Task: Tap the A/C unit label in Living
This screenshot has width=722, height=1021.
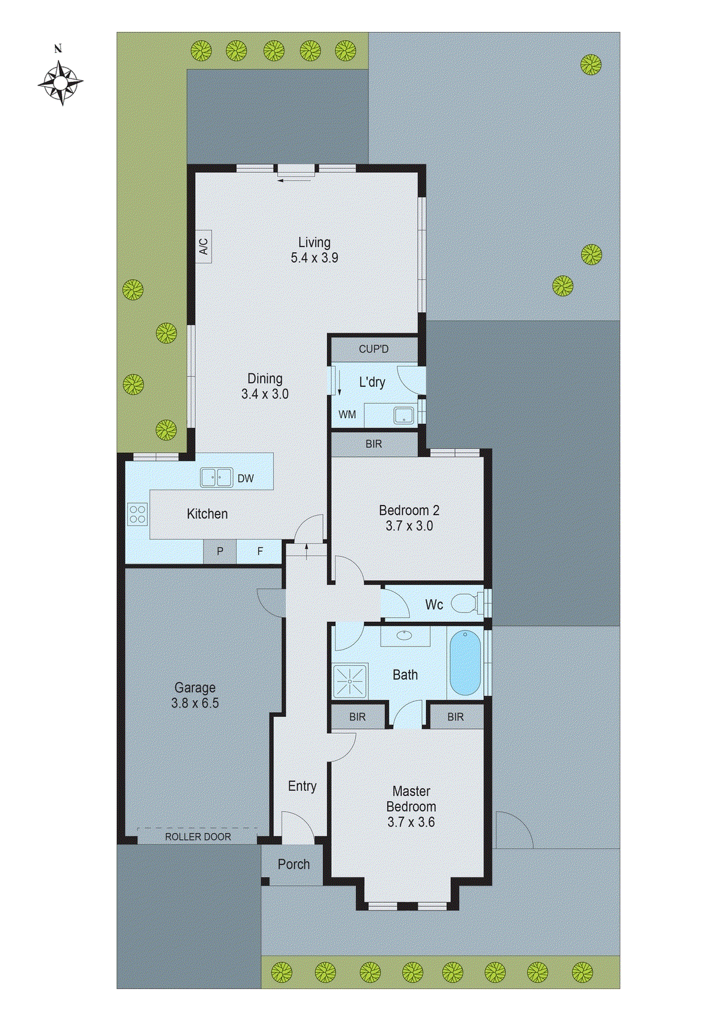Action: (x=204, y=246)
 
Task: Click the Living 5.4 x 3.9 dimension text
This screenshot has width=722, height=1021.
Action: (x=315, y=258)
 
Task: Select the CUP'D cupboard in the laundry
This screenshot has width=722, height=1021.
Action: (x=373, y=349)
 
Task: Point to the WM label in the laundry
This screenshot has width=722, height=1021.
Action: (x=347, y=415)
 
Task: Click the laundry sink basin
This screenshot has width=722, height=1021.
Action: (x=403, y=415)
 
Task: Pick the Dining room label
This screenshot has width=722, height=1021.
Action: (x=265, y=379)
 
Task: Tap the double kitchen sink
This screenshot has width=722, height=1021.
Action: (x=216, y=477)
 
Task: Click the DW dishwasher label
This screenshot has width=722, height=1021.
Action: (x=246, y=479)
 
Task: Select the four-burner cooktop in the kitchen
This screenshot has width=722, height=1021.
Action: (x=137, y=514)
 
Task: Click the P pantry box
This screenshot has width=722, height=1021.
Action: (x=220, y=551)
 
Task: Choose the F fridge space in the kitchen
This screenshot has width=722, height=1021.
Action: (x=260, y=551)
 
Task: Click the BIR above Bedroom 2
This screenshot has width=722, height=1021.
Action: (x=374, y=444)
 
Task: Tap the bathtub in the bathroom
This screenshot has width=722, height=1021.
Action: (x=465, y=663)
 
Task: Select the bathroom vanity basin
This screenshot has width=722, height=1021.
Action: (x=405, y=636)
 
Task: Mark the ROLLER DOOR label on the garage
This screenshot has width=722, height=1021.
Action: (x=198, y=837)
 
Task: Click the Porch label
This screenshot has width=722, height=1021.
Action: (x=294, y=865)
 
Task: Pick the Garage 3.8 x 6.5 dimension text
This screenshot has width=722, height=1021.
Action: (x=195, y=703)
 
